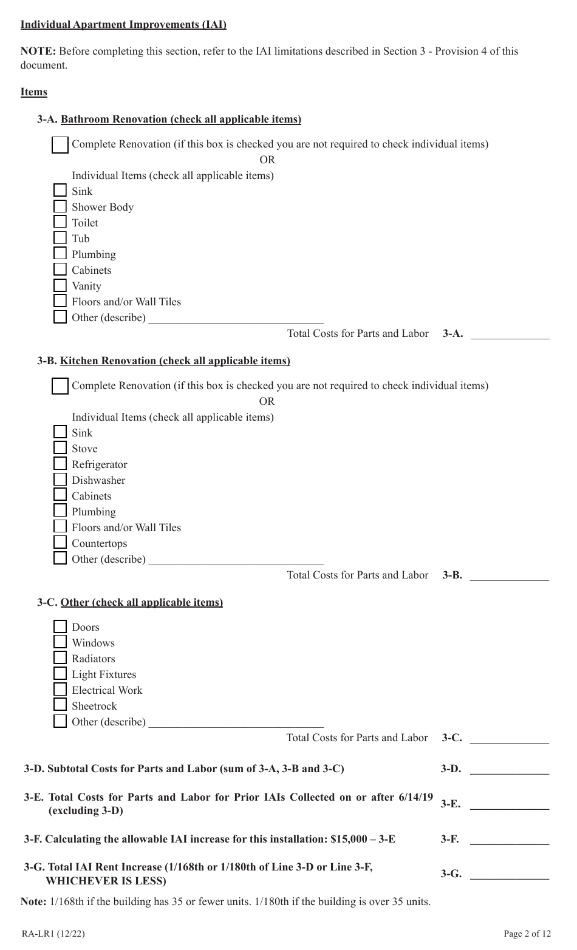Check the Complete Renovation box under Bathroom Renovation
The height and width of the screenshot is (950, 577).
tap(60, 145)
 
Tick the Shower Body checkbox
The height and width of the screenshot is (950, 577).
tap(60, 206)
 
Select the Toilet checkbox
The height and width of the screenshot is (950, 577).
tap(60, 222)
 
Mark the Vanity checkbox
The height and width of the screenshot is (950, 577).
tap(60, 285)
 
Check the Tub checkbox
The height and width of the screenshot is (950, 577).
tap(60, 238)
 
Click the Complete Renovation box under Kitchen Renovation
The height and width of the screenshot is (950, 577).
tap(60, 387)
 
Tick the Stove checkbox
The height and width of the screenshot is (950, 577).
tap(60, 448)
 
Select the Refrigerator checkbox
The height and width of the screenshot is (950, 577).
tap(60, 464)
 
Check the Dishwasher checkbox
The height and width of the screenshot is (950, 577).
tap(60, 480)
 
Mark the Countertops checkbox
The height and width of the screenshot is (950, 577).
tap(60, 543)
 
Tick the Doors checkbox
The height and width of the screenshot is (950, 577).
tap(60, 626)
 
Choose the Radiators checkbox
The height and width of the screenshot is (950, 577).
tap(60, 658)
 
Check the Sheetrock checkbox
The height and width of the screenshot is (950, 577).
tap(60, 705)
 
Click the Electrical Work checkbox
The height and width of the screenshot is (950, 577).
tap(60, 690)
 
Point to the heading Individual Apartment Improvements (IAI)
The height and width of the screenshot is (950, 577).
tap(123, 25)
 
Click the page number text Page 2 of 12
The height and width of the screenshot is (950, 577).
tap(527, 934)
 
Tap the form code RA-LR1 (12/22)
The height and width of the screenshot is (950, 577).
tap(53, 934)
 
